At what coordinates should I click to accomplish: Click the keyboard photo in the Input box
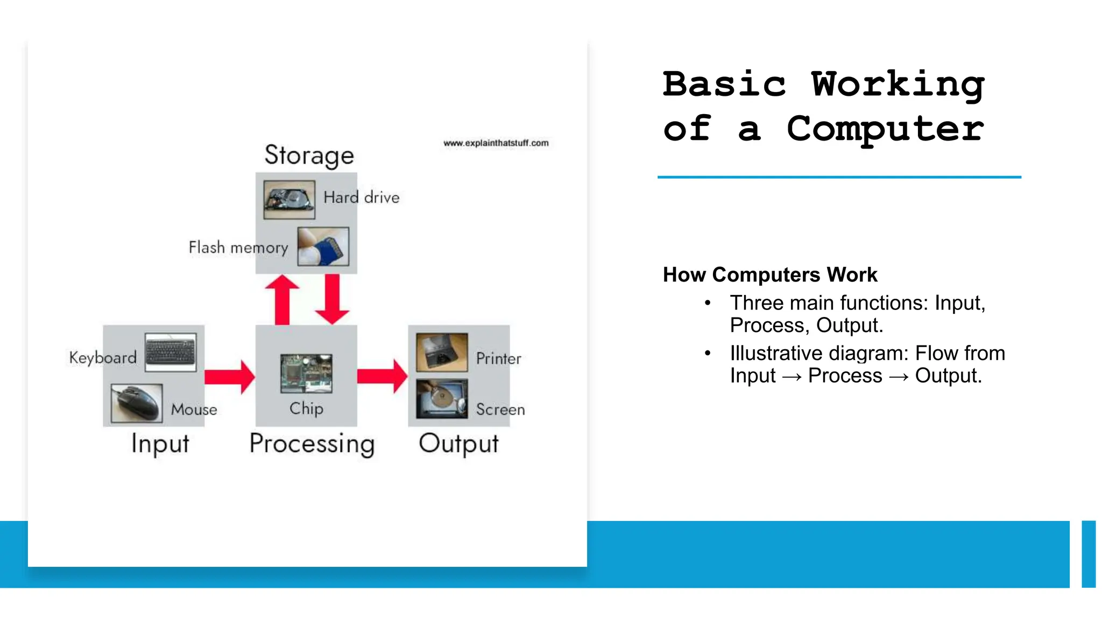click(x=171, y=353)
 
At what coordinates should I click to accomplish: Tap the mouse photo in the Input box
click(x=137, y=403)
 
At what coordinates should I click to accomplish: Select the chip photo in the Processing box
click(x=306, y=373)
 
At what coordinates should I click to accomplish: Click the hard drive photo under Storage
click(x=289, y=199)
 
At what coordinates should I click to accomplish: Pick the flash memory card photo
click(x=323, y=246)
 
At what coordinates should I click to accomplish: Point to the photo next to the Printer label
click(x=442, y=353)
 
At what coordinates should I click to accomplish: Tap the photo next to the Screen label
click(x=442, y=399)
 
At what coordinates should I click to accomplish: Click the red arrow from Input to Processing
click(x=229, y=377)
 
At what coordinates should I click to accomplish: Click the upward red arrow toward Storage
click(x=282, y=300)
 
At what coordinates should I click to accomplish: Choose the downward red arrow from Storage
click(x=332, y=299)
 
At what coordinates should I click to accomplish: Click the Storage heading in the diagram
click(x=309, y=156)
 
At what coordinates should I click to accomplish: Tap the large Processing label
click(x=312, y=444)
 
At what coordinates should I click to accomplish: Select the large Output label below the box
click(x=458, y=444)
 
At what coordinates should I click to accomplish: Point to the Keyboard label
click(x=103, y=358)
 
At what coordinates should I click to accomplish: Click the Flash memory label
click(x=238, y=248)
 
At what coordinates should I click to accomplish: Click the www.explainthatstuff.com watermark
click(x=496, y=143)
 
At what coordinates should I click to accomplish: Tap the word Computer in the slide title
click(x=885, y=129)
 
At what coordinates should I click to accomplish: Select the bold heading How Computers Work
click(x=770, y=274)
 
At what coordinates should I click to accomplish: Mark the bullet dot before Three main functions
click(x=708, y=303)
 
